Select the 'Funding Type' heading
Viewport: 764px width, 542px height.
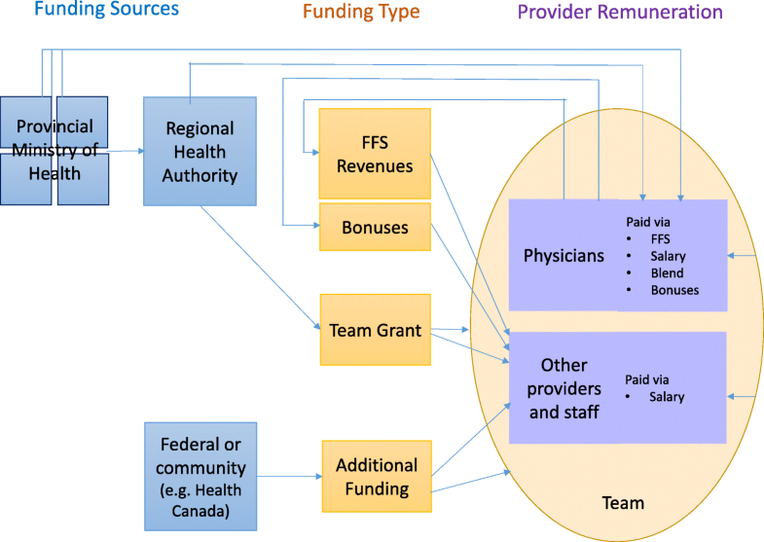tap(361, 13)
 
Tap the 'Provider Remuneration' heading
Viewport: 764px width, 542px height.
tap(620, 13)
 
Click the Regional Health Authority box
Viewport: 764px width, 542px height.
tap(200, 151)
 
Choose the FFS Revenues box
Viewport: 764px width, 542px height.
tap(375, 153)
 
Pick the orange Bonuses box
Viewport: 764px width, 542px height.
tap(375, 227)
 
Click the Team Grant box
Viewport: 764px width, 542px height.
tap(375, 331)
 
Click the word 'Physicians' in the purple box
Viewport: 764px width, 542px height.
tap(564, 256)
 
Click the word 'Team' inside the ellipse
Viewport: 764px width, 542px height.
tap(624, 503)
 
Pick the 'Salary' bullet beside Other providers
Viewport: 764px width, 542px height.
tap(666, 397)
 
